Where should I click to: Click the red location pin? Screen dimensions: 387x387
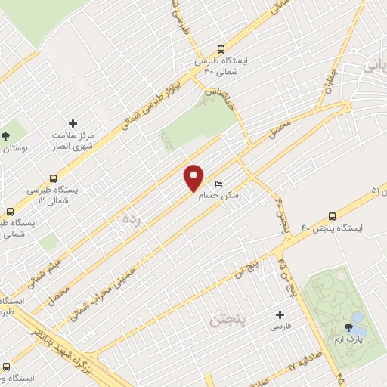point(194,178)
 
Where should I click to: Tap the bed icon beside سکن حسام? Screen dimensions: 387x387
point(219,184)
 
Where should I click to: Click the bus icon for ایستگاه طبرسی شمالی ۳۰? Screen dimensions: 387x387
point(220,47)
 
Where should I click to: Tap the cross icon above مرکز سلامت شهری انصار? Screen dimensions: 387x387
point(73,123)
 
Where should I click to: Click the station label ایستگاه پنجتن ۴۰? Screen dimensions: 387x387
point(332,228)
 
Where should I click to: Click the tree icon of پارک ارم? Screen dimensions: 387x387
point(348,327)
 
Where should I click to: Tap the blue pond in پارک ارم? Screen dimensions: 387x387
point(359,330)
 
